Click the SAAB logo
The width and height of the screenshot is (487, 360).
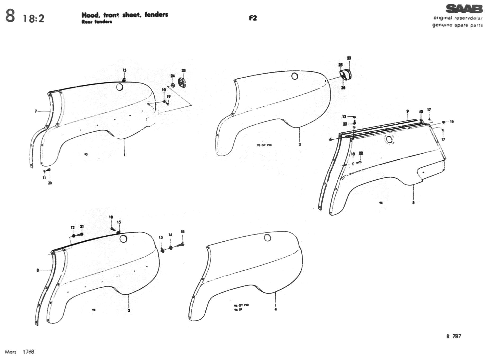[464, 9]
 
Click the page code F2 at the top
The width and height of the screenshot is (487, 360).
[253, 18]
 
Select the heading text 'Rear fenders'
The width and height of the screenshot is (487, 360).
[97, 22]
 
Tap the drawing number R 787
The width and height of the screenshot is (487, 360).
[454, 336]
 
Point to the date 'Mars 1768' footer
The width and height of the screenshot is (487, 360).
[19, 352]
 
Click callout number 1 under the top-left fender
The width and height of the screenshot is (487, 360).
[124, 155]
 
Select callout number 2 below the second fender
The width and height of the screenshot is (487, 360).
[300, 145]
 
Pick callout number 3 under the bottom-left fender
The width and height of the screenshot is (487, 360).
[129, 310]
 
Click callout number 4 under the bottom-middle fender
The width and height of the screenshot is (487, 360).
[276, 309]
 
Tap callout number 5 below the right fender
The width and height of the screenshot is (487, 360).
[413, 202]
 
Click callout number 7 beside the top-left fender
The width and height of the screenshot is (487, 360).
[36, 111]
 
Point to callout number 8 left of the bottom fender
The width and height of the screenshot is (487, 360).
[38, 270]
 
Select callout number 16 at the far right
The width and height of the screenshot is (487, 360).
[452, 121]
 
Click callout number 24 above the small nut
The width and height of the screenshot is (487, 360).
[173, 76]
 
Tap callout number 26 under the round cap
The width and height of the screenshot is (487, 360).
[343, 88]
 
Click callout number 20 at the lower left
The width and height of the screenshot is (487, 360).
[50, 183]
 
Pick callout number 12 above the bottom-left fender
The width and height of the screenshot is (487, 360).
[73, 227]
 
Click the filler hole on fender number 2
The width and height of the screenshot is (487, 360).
[295, 76]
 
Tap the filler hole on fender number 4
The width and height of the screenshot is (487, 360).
[268, 238]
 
